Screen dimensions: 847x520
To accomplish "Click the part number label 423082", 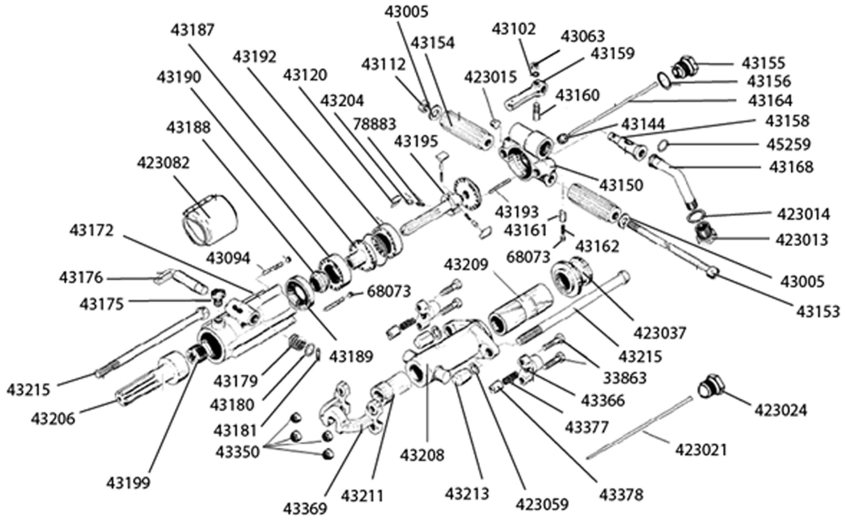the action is point(163,164).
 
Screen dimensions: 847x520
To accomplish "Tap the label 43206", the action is point(53,419).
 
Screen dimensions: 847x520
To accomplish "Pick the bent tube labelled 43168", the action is point(674,182).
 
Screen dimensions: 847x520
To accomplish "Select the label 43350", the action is point(238,452).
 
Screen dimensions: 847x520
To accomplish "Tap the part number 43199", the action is point(128,483).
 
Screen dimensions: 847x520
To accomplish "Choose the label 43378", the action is point(621,495).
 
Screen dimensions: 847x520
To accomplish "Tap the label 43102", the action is point(513,29).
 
